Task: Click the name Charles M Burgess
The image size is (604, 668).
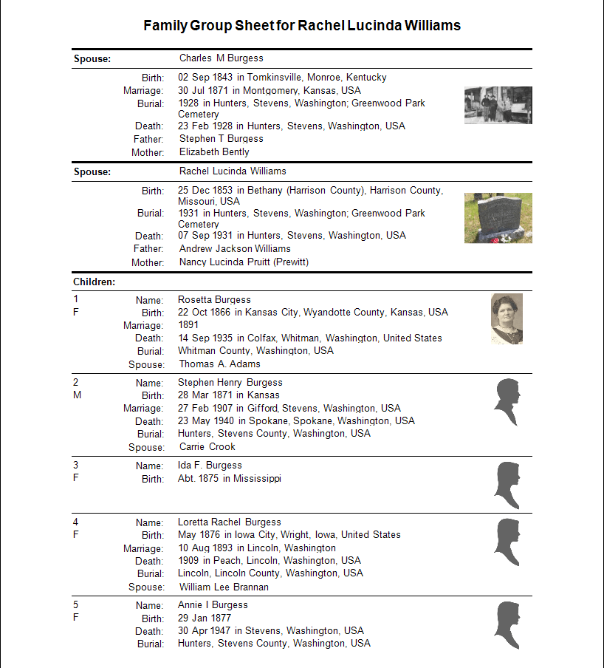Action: coord(221,58)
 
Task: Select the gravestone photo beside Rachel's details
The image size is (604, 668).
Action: coord(498,218)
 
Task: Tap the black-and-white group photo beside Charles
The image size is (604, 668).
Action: coord(498,105)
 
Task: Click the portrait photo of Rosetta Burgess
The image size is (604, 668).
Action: coord(507,318)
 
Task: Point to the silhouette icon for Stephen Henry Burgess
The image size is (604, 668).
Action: coord(507,403)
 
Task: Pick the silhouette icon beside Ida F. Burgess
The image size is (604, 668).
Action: coord(507,485)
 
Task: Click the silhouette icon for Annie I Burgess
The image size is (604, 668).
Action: coord(507,625)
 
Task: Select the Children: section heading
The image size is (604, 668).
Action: coord(94,282)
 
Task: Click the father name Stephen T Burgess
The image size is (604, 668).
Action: coord(221,138)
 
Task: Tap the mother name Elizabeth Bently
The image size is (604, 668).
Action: coord(214,151)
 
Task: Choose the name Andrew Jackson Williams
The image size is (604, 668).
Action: coord(235,248)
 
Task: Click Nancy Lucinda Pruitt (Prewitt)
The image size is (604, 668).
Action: coord(244,262)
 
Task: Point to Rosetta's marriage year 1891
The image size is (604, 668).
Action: coord(188,324)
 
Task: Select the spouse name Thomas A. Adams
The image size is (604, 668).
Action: coord(219,364)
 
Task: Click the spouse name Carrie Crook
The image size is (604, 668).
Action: coord(207,446)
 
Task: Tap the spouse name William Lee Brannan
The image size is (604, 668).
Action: coord(224,587)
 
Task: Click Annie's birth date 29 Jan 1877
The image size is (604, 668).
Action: coord(205,618)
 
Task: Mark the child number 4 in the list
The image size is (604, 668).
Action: coord(76,522)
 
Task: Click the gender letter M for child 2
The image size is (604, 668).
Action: coord(77,395)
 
